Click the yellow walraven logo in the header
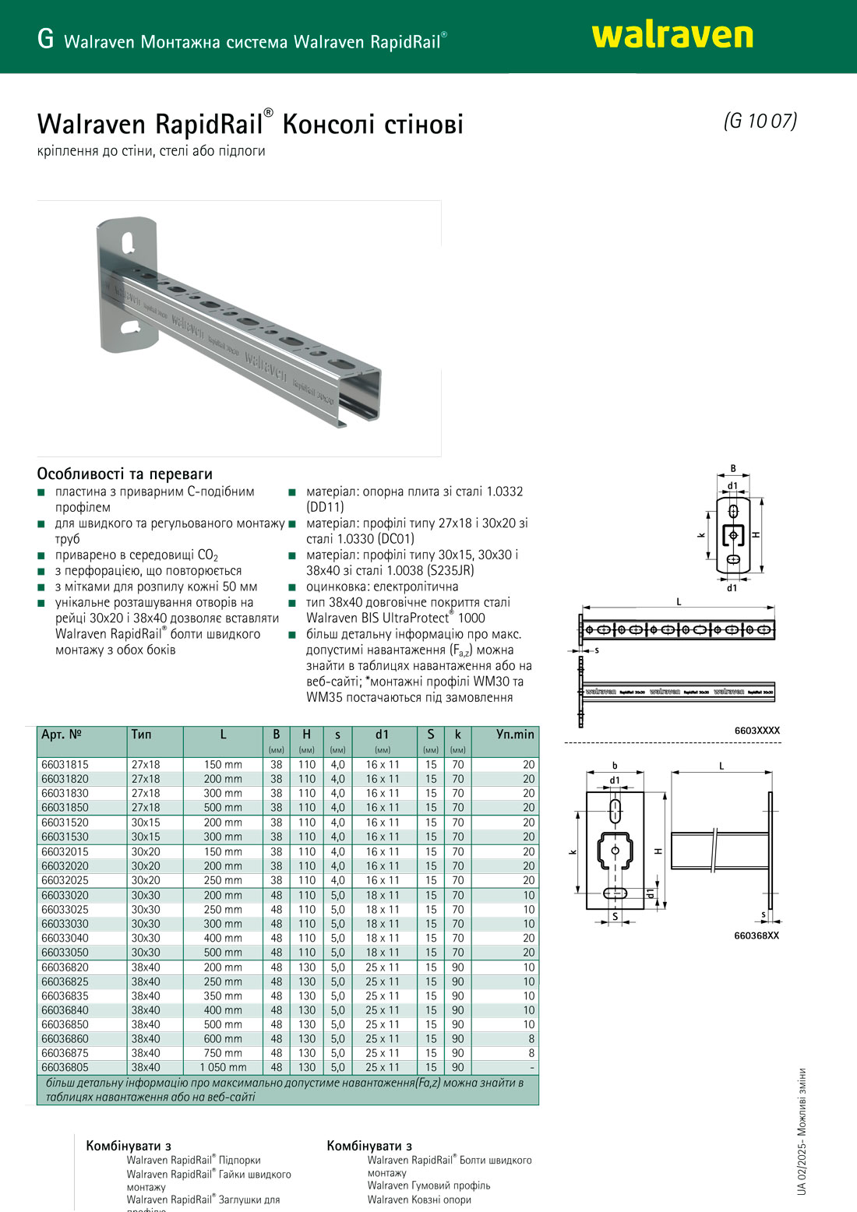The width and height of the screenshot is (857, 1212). [x=672, y=36]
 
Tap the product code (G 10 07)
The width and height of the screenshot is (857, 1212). [x=760, y=122]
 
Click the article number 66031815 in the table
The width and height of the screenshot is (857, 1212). [x=65, y=765]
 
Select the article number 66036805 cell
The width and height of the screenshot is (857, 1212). [x=65, y=1068]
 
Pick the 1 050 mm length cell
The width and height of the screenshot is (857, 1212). [x=223, y=1068]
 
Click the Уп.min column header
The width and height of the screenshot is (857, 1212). [x=514, y=735]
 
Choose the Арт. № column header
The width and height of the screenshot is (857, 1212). [x=62, y=735]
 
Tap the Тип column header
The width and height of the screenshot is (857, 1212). [x=141, y=735]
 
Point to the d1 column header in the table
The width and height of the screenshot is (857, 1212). [x=382, y=735]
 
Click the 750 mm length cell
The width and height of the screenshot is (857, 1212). [x=223, y=1053]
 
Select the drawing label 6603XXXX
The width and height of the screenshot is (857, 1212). [x=756, y=731]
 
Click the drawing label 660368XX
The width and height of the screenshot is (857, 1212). [x=756, y=935]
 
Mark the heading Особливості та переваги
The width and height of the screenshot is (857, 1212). [x=125, y=474]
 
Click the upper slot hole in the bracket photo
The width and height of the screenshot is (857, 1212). [x=129, y=241]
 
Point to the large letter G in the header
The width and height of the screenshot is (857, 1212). [x=45, y=39]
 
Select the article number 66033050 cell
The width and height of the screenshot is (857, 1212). [x=65, y=953]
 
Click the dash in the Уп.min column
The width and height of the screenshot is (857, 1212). [x=531, y=1068]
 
